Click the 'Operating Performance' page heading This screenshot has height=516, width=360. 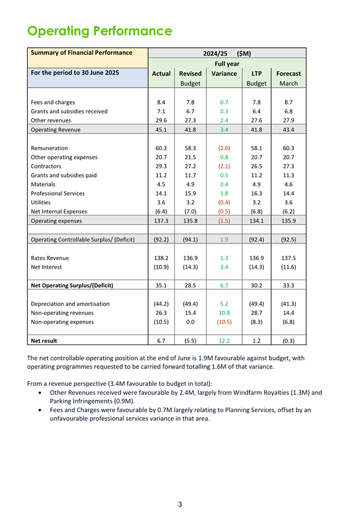(x=99, y=30)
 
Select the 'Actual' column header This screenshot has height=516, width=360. (x=161, y=73)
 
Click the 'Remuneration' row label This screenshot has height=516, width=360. (x=49, y=148)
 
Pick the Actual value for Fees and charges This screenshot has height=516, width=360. (x=161, y=102)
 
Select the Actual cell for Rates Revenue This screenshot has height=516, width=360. (x=161, y=259)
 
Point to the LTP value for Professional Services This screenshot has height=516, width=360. (x=257, y=193)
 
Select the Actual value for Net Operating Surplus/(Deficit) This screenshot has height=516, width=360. (x=161, y=285)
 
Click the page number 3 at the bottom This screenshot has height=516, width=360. (x=180, y=504)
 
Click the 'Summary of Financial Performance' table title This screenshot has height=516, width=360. (x=81, y=53)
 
